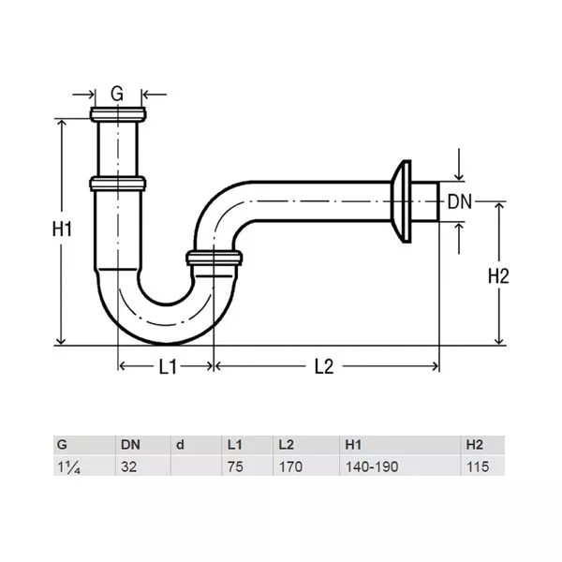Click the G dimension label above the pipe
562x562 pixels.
click(117, 94)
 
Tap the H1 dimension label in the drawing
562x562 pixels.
click(62, 229)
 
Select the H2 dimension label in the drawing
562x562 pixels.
click(498, 276)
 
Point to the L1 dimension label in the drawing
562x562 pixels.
click(168, 366)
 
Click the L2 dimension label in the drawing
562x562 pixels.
click(324, 366)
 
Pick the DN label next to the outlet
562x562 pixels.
click(460, 202)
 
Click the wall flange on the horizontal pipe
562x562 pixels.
click(402, 201)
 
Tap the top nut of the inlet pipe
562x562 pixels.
click(118, 114)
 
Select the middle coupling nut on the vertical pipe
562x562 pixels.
click(118, 184)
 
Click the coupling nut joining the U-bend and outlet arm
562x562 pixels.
click(214, 259)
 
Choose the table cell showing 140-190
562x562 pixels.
click(372, 466)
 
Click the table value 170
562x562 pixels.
click(290, 466)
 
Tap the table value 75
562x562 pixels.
click(235, 466)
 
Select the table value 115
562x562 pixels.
click(478, 466)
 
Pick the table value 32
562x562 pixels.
click(128, 466)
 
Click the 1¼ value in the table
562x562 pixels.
click(68, 467)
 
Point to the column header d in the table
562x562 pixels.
click(180, 445)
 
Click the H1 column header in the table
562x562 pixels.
click(353, 445)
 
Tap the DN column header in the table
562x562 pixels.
click(130, 445)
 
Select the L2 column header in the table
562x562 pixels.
click(287, 445)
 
